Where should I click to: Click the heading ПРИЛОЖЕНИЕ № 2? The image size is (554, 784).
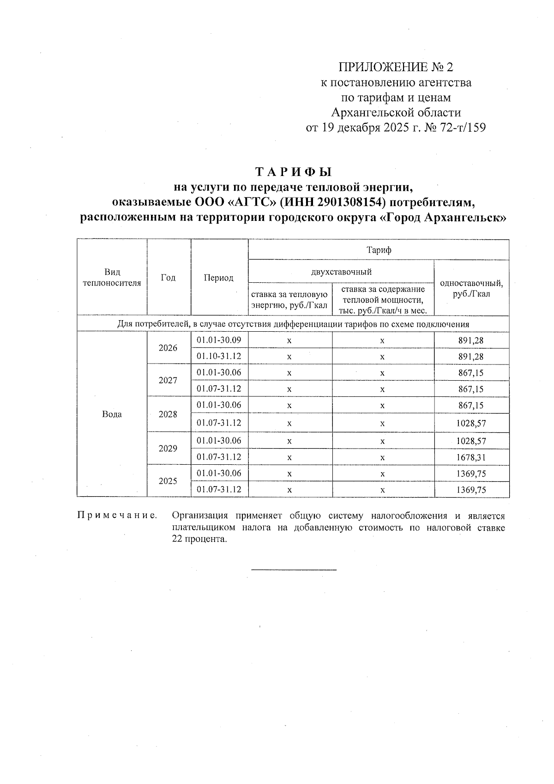pyautogui.click(x=396, y=67)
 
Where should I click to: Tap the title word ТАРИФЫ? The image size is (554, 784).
pyautogui.click(x=294, y=172)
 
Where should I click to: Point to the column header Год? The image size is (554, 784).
pyautogui.click(x=168, y=278)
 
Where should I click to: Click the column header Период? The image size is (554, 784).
pyautogui.click(x=219, y=278)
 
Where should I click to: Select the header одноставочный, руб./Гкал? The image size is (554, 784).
pyautogui.click(x=471, y=288)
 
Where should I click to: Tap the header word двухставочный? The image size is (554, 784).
pyautogui.click(x=341, y=272)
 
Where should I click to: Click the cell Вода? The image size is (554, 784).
pyautogui.click(x=112, y=414)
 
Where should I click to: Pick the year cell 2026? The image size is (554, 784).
pyautogui.click(x=168, y=348)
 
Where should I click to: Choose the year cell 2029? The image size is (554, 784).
pyautogui.click(x=168, y=449)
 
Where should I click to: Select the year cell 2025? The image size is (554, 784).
pyautogui.click(x=168, y=481)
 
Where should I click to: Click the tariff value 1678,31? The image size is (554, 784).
pyautogui.click(x=471, y=457)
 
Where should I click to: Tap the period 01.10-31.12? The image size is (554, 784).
pyautogui.click(x=219, y=356)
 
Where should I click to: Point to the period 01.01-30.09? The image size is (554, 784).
pyautogui.click(x=219, y=340)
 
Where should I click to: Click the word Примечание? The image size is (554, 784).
pyautogui.click(x=116, y=516)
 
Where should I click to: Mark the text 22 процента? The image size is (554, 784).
pyautogui.click(x=199, y=540)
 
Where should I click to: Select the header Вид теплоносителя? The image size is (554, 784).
pyautogui.click(x=112, y=278)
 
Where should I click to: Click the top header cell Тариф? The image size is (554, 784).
pyautogui.click(x=379, y=250)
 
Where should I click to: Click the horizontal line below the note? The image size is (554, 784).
pyautogui.click(x=294, y=570)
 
